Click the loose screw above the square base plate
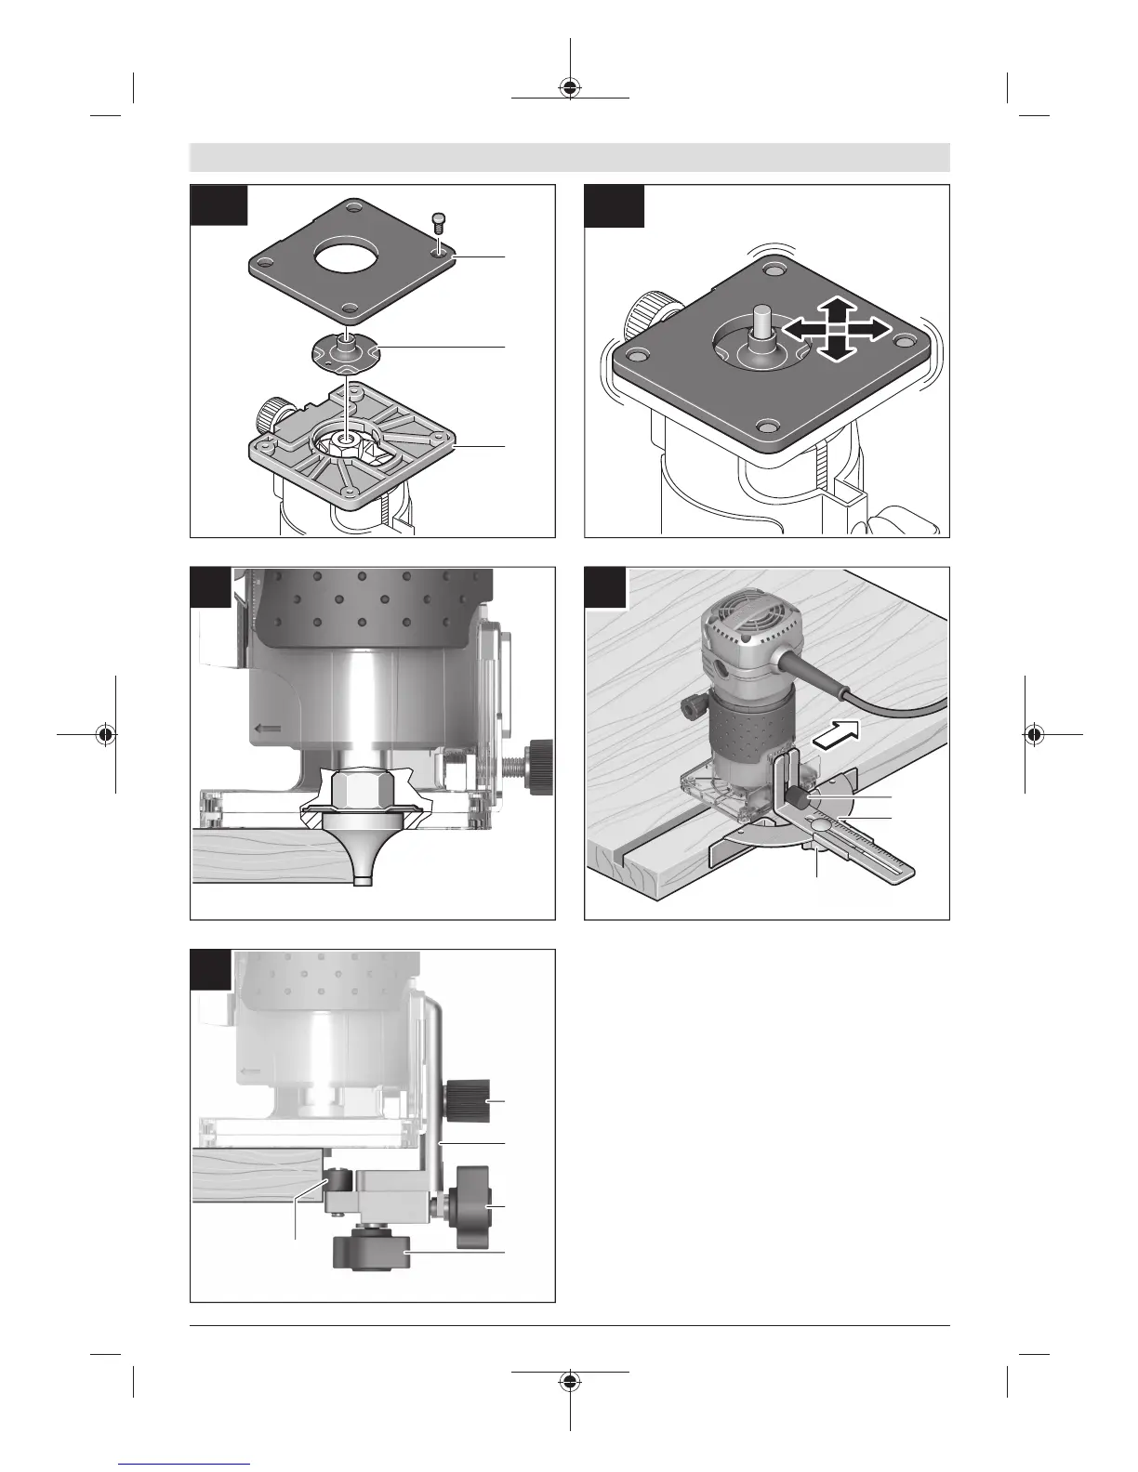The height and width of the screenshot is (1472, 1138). [439, 223]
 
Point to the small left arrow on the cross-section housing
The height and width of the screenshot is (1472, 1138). [269, 728]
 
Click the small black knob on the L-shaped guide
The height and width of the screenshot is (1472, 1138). [799, 797]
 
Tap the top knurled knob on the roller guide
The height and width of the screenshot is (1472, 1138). [467, 1100]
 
